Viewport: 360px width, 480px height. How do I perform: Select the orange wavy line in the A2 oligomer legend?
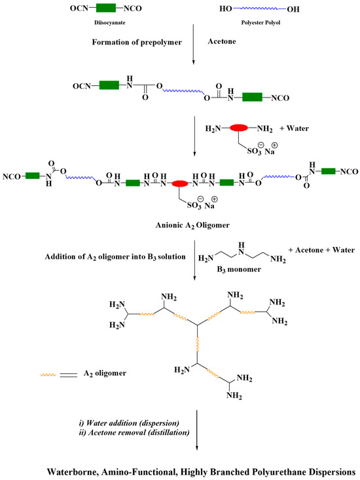tap(51, 375)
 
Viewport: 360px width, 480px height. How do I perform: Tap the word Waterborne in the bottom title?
tap(73, 471)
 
